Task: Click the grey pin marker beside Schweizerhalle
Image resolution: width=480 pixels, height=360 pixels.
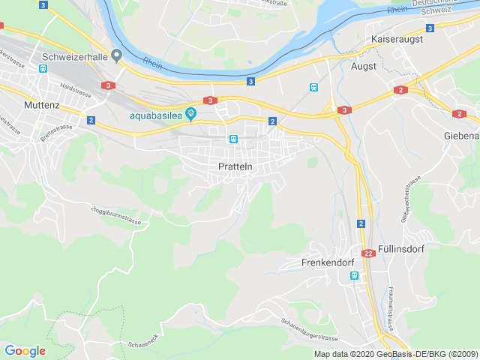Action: pos(116,55)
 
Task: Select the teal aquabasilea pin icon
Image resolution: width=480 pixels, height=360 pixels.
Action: pos(191,115)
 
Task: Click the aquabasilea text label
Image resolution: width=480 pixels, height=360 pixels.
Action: pos(156,115)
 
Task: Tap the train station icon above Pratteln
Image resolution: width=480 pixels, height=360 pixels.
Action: pos(234,139)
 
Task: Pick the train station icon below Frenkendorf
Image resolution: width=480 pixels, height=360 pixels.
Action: pos(354,276)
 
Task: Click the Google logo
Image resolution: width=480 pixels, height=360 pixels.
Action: pos(25,350)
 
